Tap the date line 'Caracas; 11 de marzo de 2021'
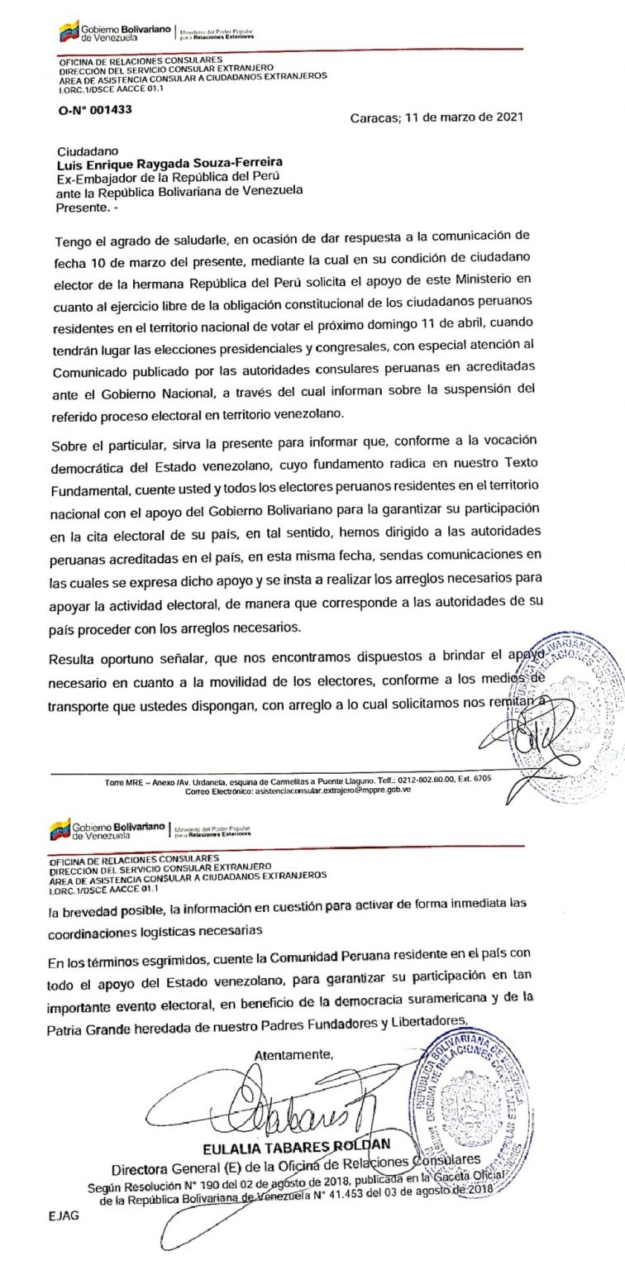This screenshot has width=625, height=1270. point(437,117)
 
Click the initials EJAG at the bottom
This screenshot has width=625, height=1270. point(64,1217)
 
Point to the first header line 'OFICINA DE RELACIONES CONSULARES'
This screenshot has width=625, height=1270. point(140,60)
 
